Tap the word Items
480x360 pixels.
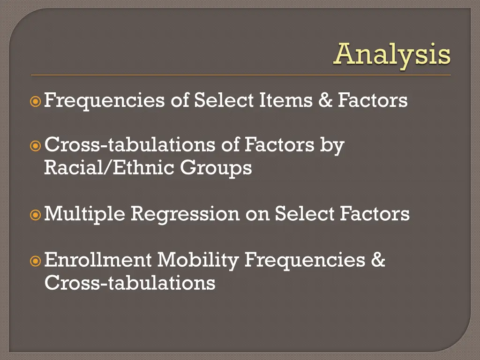pyautogui.click(x=285, y=100)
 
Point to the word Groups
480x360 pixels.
pyautogui.click(x=216, y=168)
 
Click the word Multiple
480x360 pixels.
pyautogui.click(x=84, y=214)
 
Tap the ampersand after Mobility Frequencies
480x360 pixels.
pyautogui.click(x=378, y=260)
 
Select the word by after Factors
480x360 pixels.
pyautogui.click(x=332, y=146)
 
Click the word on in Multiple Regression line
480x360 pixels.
pyautogui.click(x=257, y=214)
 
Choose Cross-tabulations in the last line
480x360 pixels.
pyautogui.click(x=130, y=283)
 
